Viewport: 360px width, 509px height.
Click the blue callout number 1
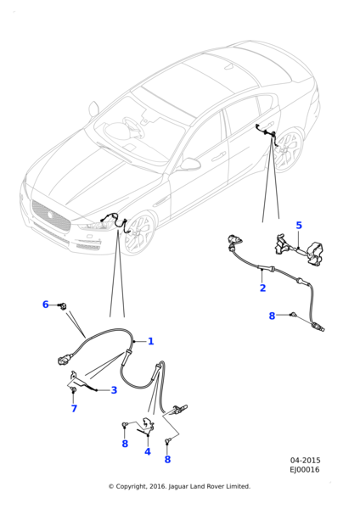pos(150,341)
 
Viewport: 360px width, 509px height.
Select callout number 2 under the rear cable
pos(262,288)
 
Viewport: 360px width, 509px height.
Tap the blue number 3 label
pos(114,390)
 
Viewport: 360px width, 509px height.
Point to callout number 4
pos(147,451)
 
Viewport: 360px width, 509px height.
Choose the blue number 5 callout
pos(299,226)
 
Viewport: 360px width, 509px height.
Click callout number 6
pos(46,305)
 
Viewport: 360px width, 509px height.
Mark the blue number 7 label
pos(74,409)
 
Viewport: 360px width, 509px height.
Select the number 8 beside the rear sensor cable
pos(272,316)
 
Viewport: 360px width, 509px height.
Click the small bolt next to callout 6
pos(63,305)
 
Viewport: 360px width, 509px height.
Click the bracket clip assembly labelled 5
pos(297,250)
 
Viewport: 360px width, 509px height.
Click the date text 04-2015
pos(305,461)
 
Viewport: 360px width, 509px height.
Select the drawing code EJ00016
pos(305,470)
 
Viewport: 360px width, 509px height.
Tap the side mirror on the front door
pos(188,165)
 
